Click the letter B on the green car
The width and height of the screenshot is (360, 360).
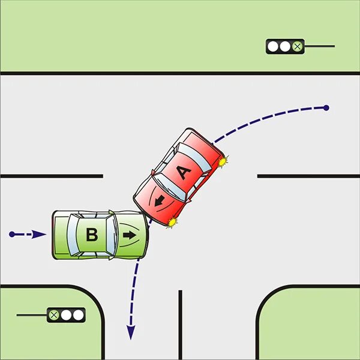click(92, 235)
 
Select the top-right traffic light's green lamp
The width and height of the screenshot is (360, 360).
click(296, 46)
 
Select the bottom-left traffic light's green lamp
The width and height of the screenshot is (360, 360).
click(55, 314)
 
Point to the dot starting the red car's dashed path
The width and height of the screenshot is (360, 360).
click(326, 108)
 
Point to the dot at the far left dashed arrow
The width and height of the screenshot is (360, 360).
click(12, 234)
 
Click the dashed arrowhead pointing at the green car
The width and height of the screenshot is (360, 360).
click(39, 234)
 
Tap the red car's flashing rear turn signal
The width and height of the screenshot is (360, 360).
click(223, 160)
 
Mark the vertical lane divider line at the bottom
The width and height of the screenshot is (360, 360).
click(180, 324)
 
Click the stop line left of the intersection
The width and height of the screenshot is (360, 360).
click(51, 176)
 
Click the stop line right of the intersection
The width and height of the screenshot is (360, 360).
click(308, 176)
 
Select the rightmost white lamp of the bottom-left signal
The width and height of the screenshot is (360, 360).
click(77, 314)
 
